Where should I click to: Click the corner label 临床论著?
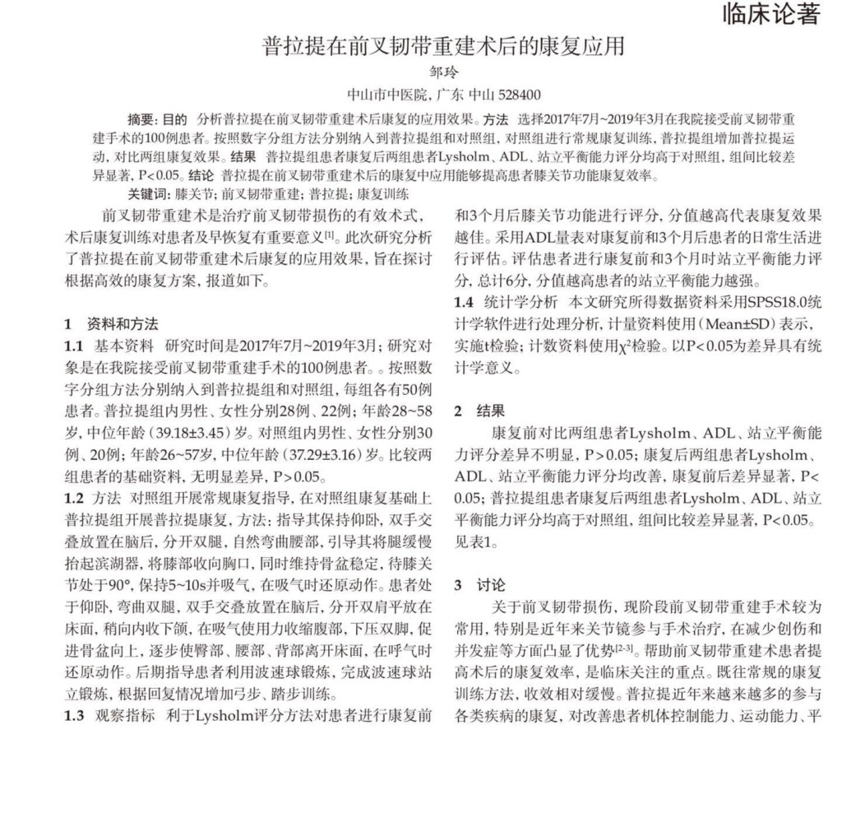coord(770,14)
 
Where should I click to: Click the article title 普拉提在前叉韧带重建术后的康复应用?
coord(443,45)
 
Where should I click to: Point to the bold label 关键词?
coord(148,195)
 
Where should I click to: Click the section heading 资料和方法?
coord(123,323)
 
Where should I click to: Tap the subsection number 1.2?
coord(74,496)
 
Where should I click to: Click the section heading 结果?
coord(491,411)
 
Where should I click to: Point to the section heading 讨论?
coord(491,585)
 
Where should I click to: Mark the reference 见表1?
coord(476,542)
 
